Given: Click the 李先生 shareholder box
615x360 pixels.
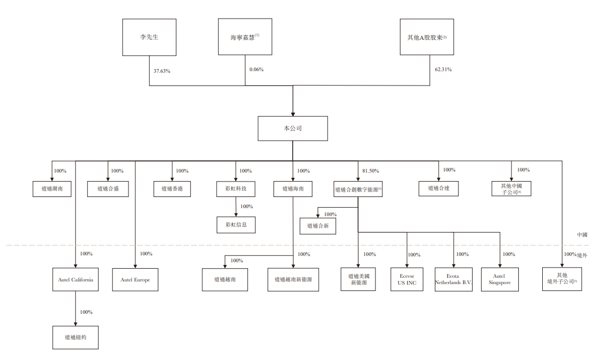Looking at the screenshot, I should [149, 37].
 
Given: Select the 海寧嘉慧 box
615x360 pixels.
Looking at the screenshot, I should [245, 37].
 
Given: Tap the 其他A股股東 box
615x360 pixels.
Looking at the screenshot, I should [427, 37].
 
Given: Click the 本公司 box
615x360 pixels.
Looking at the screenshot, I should [293, 128].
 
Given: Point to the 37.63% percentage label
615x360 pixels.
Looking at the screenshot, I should [162, 71].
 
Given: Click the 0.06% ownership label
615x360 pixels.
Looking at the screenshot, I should [257, 70].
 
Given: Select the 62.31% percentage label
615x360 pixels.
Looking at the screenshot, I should [443, 70].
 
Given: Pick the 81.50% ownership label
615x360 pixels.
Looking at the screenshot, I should [370, 171].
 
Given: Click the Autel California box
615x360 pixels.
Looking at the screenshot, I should [75, 279].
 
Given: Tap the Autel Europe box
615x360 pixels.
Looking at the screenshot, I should [135, 279].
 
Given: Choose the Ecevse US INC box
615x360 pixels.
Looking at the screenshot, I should [407, 279].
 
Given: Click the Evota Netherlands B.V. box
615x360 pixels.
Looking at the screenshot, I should [454, 279].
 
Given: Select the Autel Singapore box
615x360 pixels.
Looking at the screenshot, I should [500, 279].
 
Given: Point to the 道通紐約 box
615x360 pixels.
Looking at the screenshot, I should [75, 337].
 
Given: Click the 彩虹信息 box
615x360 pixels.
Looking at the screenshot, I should [236, 225].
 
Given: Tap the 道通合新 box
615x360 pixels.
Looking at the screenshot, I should [318, 226].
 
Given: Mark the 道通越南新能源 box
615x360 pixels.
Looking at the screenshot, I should [293, 279].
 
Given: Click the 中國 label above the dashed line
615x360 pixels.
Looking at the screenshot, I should [582, 235].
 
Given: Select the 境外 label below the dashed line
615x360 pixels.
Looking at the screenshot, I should [582, 255].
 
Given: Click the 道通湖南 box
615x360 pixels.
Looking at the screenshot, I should [52, 188].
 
